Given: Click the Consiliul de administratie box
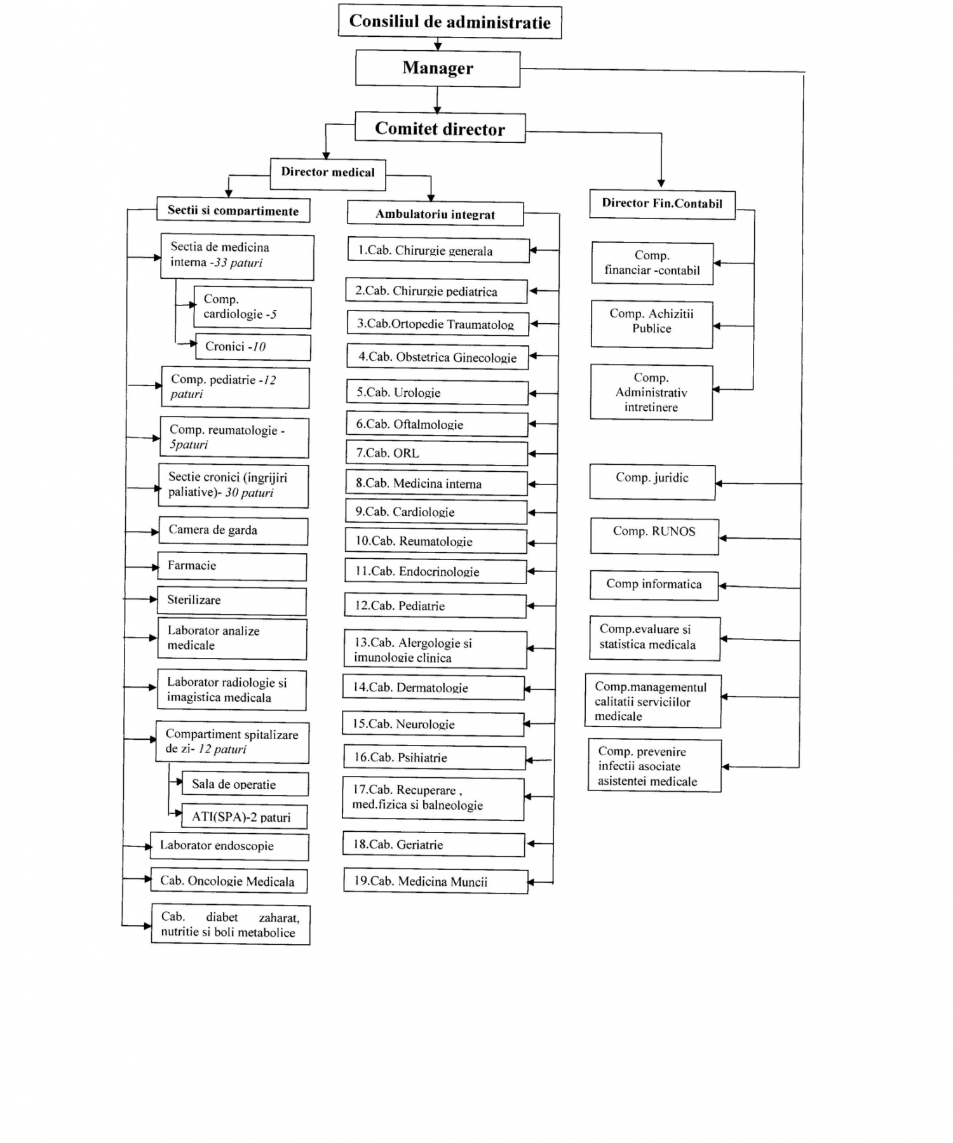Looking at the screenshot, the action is (450, 22).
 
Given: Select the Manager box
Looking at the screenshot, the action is (438, 68).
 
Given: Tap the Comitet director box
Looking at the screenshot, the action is (440, 128).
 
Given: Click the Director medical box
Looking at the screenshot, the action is (328, 174).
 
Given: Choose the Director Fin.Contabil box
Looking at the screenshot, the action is (662, 204).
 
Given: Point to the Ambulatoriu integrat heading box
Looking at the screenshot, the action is (435, 213).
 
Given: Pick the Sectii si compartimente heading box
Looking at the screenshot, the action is (233, 210).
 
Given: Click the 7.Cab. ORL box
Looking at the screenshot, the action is (437, 453).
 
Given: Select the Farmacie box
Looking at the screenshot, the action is (232, 566).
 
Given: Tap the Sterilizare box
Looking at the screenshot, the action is (231, 601).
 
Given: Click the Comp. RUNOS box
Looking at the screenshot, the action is (654, 537).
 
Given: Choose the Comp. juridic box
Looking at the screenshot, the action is (652, 482).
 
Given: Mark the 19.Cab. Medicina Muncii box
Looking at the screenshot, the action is (436, 881).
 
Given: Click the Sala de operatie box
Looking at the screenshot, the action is (245, 784).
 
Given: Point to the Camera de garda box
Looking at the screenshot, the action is (233, 531).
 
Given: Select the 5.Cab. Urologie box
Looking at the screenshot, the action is (438, 392).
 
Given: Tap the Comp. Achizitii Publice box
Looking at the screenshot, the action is (652, 324).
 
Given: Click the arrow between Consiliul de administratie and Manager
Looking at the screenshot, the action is (438, 44).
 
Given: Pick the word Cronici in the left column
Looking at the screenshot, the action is (225, 346).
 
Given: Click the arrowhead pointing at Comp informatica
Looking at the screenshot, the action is (723, 586).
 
